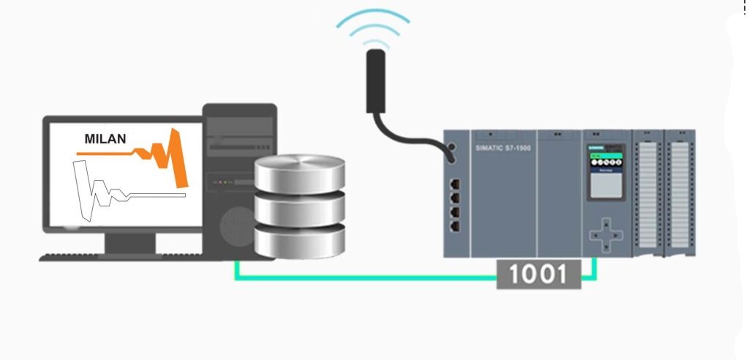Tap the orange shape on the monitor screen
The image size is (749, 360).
[176, 157]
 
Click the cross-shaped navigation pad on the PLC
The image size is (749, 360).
[605, 232]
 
